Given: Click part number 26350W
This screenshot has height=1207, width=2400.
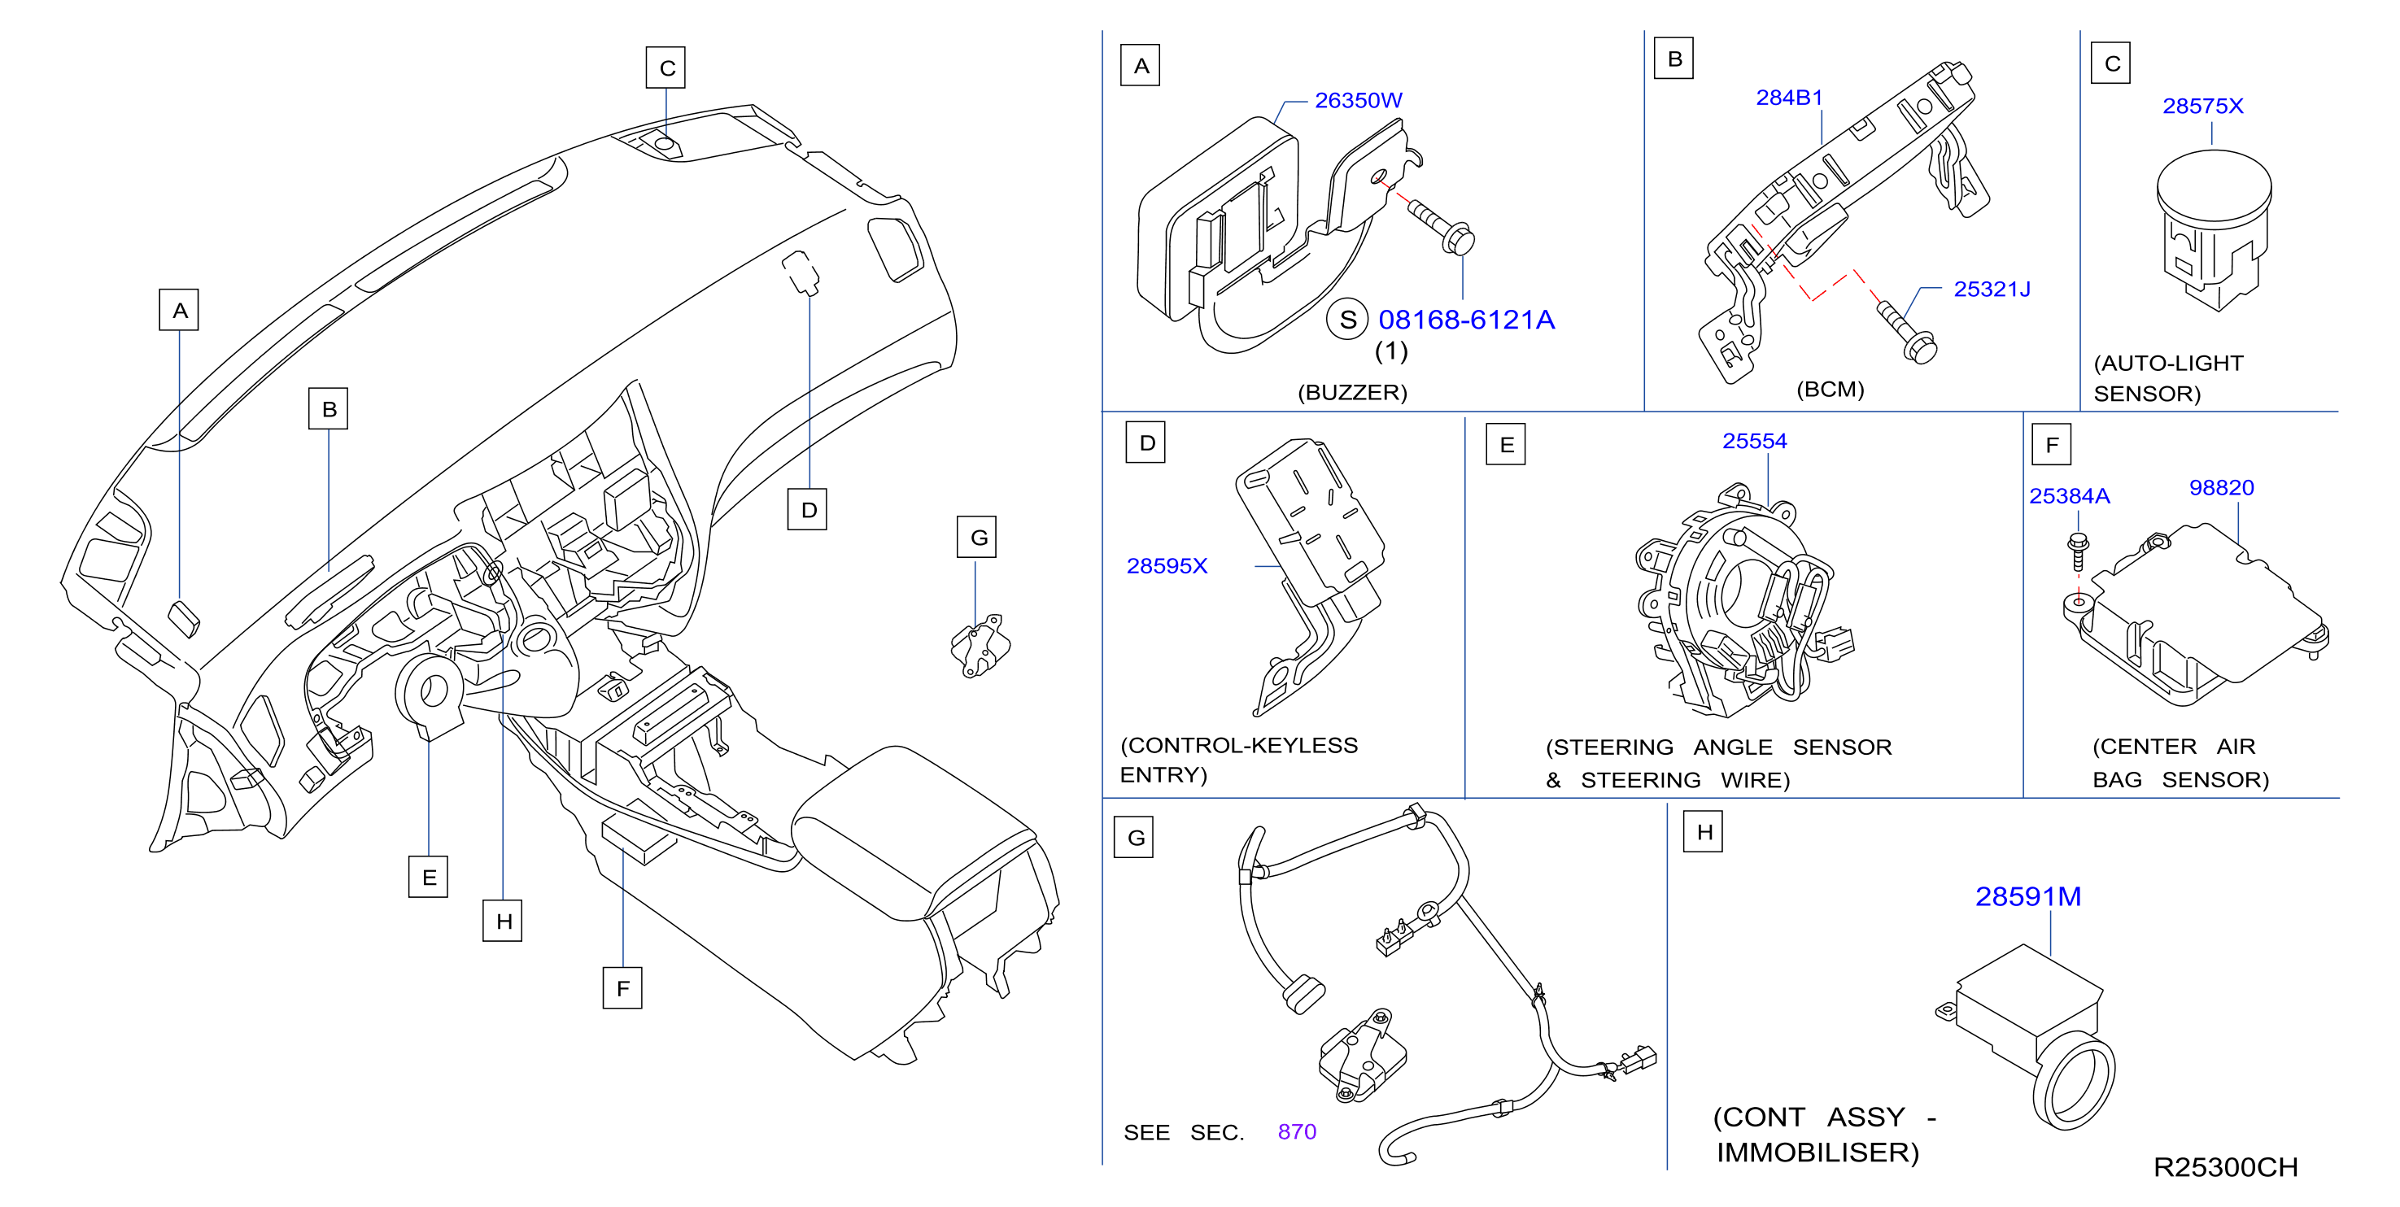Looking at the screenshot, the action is [x=1358, y=101].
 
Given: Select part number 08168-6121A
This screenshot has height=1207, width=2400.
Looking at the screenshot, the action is [x=1467, y=320].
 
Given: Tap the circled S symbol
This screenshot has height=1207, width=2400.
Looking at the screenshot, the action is [x=1347, y=320].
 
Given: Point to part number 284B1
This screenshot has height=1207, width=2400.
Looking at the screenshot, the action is [x=1789, y=98].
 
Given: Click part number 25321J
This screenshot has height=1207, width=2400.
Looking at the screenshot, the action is [x=1992, y=290].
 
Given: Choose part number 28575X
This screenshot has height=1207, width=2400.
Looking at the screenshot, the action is [x=2202, y=107].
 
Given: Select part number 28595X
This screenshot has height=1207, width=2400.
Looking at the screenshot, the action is [x=1167, y=566].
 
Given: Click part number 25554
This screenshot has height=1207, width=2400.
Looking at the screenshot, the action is [x=1754, y=442].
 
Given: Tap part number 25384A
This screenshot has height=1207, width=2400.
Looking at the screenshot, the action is [x=2069, y=496].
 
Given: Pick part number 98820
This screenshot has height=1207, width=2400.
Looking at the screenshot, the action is [x=2221, y=488].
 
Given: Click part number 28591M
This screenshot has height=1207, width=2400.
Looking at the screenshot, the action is [x=2028, y=896].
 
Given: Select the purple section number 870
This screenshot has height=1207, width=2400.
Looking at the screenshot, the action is [x=1297, y=1131].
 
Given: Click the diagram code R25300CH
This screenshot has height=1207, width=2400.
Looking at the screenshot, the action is [x=2225, y=1167].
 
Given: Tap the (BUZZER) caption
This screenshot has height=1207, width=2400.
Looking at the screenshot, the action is [x=1352, y=392].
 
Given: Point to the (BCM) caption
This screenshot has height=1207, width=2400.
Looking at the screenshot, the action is [x=1830, y=390].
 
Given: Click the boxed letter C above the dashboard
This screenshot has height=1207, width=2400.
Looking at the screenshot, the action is [x=666, y=68].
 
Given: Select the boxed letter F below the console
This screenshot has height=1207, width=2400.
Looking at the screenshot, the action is [x=622, y=988].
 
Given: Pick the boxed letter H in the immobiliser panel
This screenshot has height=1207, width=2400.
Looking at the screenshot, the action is [x=1703, y=832].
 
